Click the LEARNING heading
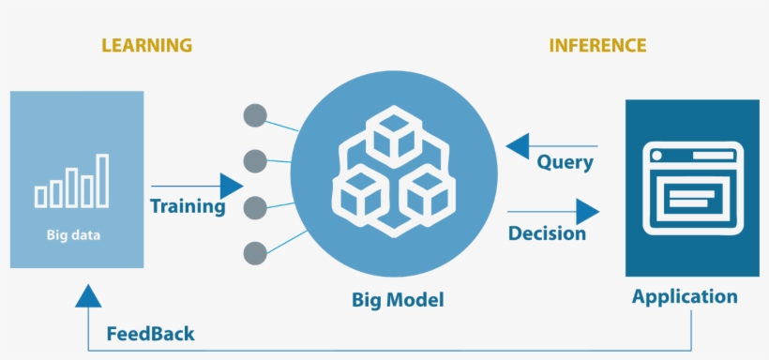[146, 45]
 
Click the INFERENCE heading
[597, 45]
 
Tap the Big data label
[73, 235]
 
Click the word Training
[188, 206]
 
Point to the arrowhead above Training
[231, 186]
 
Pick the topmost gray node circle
[254, 116]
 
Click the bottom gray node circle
[254, 252]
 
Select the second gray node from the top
[254, 161]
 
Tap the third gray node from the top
[254, 207]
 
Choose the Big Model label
[398, 301]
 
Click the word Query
[565, 162]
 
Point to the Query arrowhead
[517, 146]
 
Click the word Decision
[547, 232]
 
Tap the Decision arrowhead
[587, 212]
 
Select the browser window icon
[692, 187]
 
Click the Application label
[685, 297]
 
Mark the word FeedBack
[150, 334]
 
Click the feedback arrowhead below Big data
[87, 295]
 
